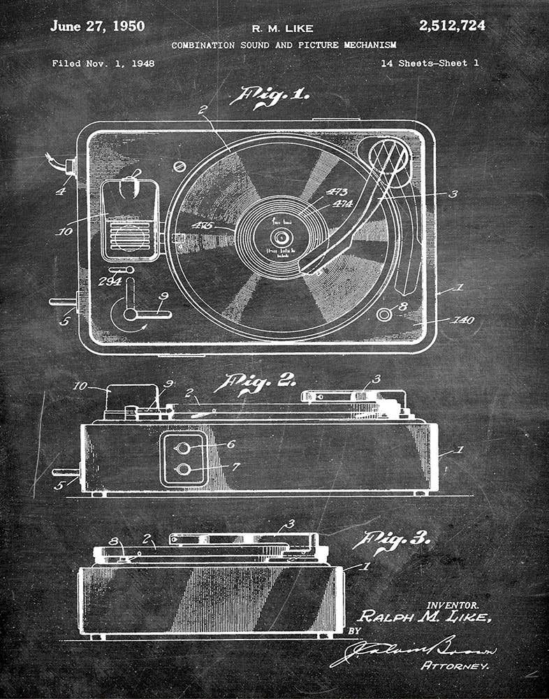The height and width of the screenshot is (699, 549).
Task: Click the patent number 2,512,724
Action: point(452,27)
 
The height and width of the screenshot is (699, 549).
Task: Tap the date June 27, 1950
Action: point(97,27)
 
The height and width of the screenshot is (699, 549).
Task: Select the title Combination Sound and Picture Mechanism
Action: point(284,45)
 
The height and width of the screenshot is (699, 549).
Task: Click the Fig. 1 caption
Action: point(274,95)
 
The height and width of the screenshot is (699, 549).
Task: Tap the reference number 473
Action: point(337,192)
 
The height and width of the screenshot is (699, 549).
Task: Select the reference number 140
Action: point(462,320)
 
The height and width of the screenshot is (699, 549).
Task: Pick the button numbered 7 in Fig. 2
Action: point(183,468)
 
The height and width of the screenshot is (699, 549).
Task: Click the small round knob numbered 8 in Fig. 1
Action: point(383,314)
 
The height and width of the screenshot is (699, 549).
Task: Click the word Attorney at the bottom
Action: point(455,666)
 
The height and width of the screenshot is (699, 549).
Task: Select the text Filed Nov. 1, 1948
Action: point(103,64)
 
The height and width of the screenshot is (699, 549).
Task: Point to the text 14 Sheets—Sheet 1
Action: point(430,64)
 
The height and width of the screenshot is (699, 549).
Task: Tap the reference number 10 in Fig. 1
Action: point(64,230)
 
